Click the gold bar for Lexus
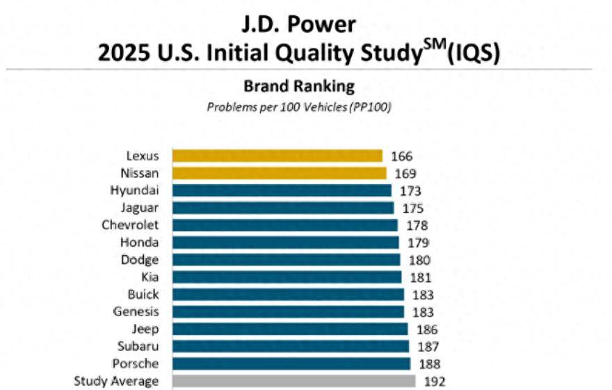point(277,156)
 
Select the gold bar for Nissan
point(279,173)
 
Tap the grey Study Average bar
point(293,381)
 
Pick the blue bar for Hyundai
point(282,190)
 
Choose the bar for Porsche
point(291,364)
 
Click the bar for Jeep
point(290,329)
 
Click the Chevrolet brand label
point(131,225)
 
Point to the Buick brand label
point(143,294)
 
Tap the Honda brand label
point(139,242)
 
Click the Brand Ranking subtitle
point(298,87)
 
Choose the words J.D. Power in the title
point(298,25)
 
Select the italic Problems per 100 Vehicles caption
point(298,107)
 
